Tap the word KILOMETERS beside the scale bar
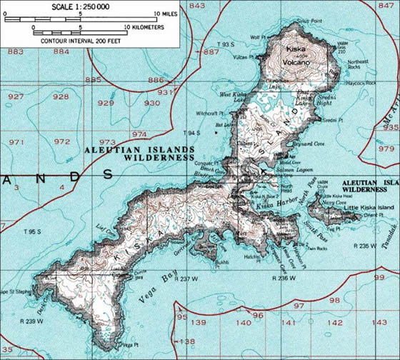tap(144, 27)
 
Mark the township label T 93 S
tap(225, 44)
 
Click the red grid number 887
tap(211, 52)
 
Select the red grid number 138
tap(186, 341)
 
